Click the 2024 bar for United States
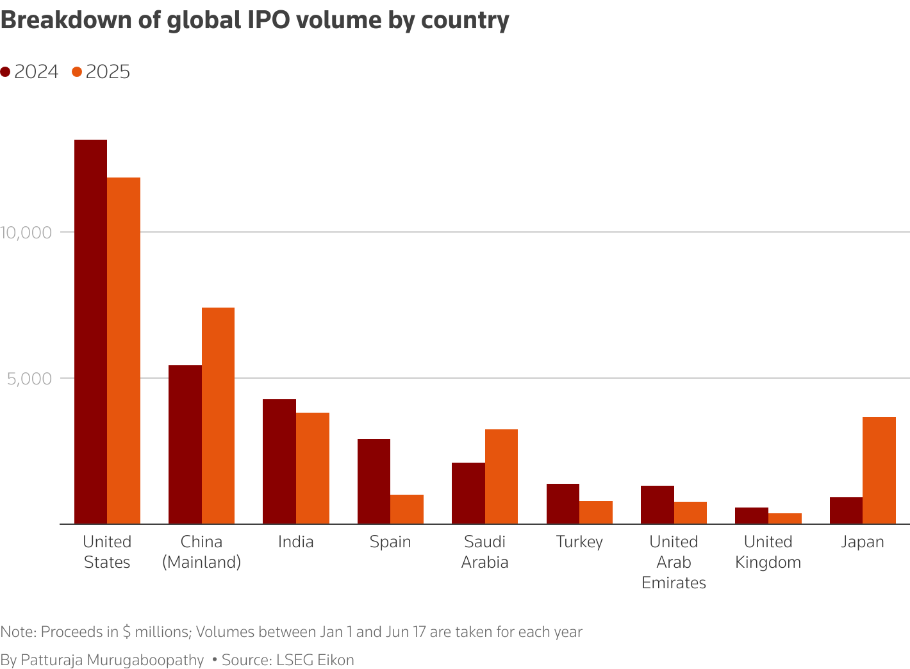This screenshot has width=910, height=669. pyautogui.click(x=91, y=331)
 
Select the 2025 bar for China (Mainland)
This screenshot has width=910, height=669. pyautogui.click(x=218, y=415)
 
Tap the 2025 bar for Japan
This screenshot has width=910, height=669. pyautogui.click(x=879, y=470)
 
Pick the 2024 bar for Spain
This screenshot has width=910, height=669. pyautogui.click(x=374, y=481)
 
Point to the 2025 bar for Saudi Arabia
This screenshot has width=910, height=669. pyautogui.click(x=501, y=476)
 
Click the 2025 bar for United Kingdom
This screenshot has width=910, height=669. pyautogui.click(x=784, y=518)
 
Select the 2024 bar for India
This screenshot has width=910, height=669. pyautogui.click(x=279, y=461)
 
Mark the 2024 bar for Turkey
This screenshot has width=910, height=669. pyautogui.click(x=563, y=504)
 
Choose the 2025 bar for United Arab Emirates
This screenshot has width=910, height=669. pyautogui.click(x=690, y=513)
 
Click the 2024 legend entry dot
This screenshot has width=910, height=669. pyautogui.click(x=6, y=72)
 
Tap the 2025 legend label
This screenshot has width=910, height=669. pyautogui.click(x=108, y=72)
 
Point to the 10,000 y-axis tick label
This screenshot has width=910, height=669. pyautogui.click(x=26, y=232)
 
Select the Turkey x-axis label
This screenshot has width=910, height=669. pyautogui.click(x=579, y=542)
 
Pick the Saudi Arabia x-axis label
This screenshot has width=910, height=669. pyautogui.click(x=484, y=552)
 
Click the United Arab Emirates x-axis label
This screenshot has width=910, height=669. pyautogui.click(x=674, y=562)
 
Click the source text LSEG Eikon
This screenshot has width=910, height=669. pyautogui.click(x=315, y=660)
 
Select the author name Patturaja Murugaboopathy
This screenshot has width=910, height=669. pyautogui.click(x=112, y=660)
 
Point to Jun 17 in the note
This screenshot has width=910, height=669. pyautogui.click(x=406, y=632)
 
